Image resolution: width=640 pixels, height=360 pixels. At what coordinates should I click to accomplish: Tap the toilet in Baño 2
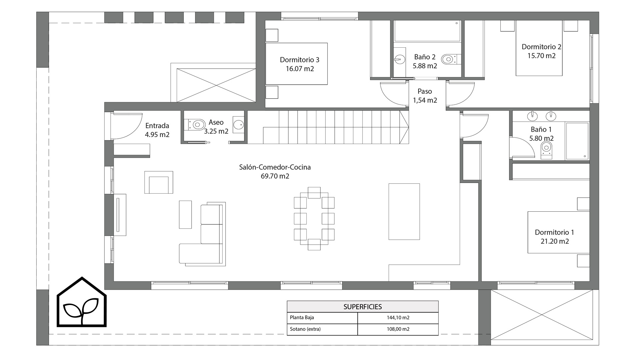[450, 60]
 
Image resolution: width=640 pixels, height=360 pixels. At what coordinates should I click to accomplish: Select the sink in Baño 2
[399, 60]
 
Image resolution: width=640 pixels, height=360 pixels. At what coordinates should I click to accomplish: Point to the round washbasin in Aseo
[238, 125]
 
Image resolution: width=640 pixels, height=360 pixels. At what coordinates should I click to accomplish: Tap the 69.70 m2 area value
[275, 176]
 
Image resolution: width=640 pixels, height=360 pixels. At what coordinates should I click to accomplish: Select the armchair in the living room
[159, 182]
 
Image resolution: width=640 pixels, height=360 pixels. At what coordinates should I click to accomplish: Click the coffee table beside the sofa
[185, 214]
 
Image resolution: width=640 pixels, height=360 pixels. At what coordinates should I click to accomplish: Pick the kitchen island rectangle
[404, 211]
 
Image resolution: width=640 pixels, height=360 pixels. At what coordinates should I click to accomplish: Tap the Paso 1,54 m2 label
[425, 96]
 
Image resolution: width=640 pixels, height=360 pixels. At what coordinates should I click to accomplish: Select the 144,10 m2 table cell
[398, 318]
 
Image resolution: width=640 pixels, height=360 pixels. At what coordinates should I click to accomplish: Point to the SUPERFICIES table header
[363, 307]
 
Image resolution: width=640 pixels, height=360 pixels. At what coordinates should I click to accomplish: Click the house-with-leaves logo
[82, 302]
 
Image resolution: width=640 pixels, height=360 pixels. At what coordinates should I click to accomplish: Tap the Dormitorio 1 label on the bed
[554, 232]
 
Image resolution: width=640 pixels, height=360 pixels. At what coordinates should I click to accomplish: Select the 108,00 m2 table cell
[398, 329]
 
